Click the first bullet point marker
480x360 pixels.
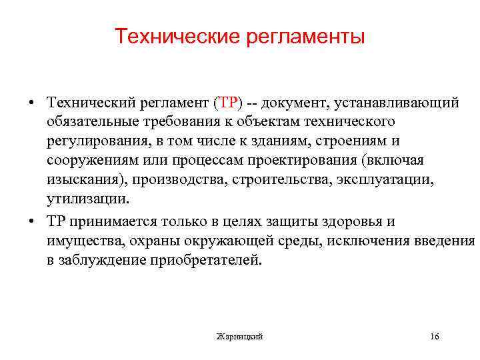[x=32, y=103]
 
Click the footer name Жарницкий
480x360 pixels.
[x=240, y=337]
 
